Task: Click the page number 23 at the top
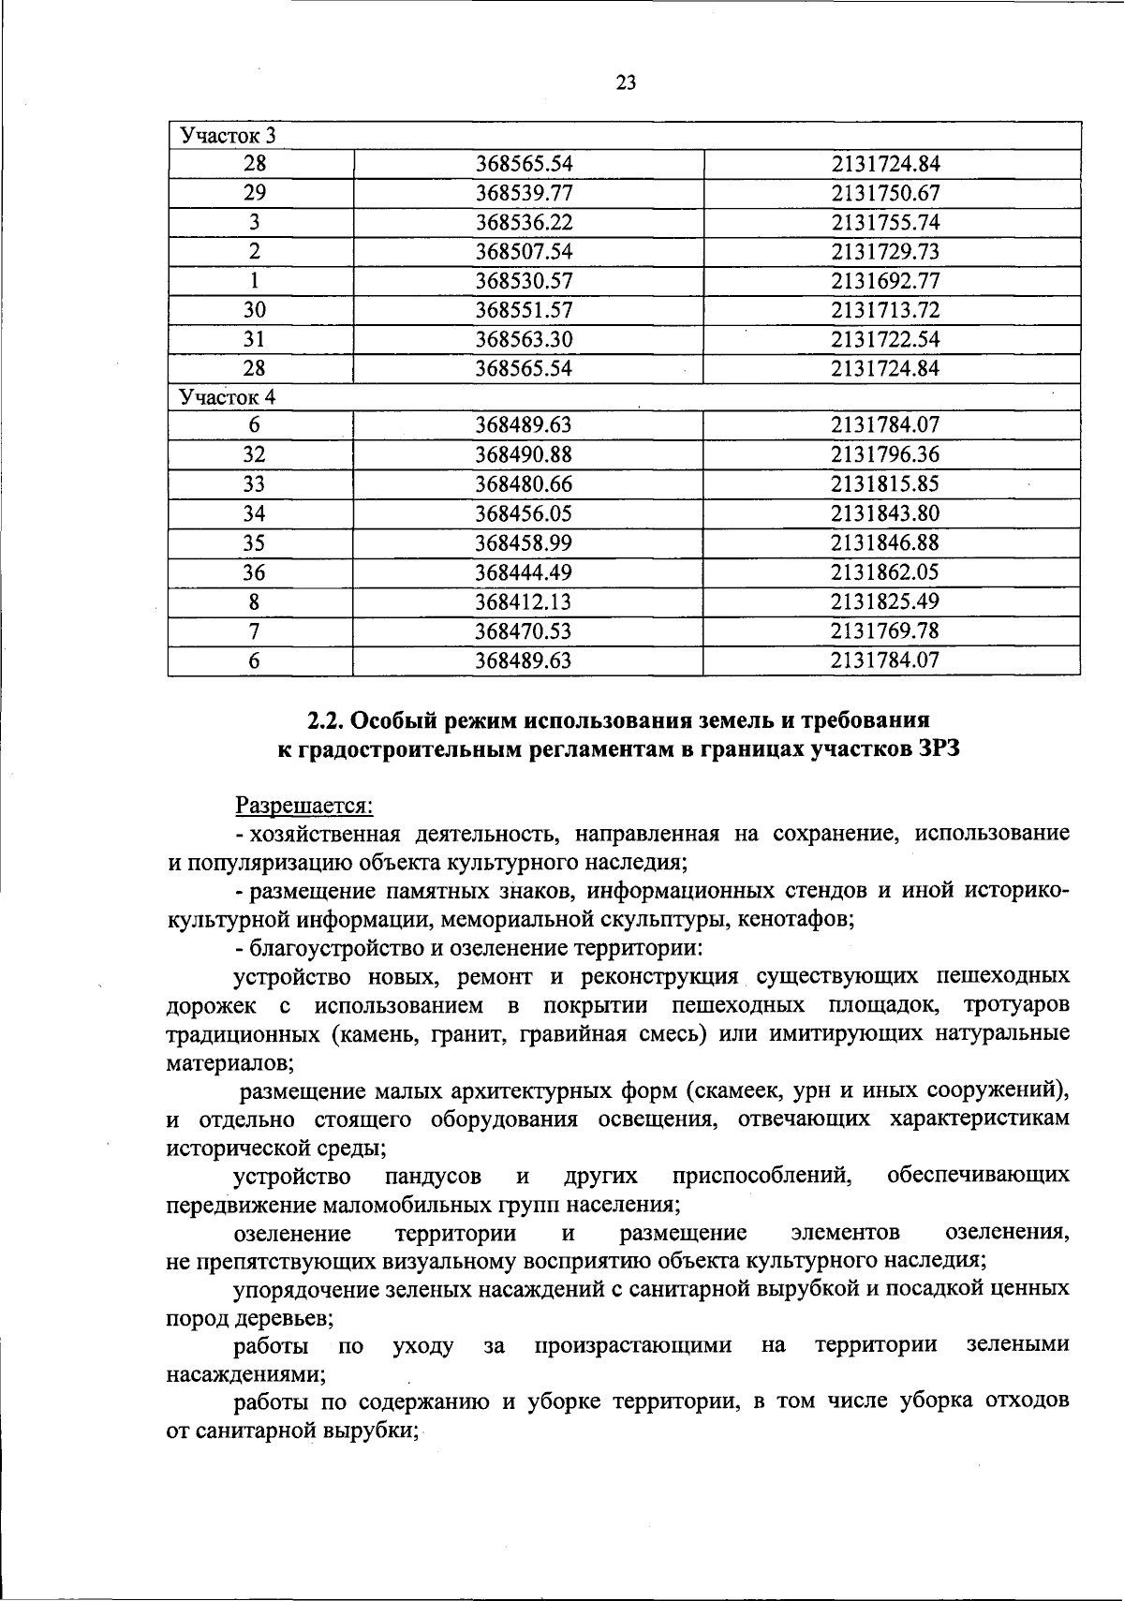point(627,83)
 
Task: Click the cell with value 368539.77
point(524,194)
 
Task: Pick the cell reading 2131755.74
point(885,223)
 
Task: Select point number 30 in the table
point(255,310)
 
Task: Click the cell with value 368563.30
point(524,339)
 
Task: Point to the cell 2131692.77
point(885,281)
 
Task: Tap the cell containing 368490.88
point(524,455)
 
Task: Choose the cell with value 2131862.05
point(885,572)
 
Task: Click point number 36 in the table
point(255,572)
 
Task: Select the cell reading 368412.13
point(524,601)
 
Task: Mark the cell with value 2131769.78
point(885,630)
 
